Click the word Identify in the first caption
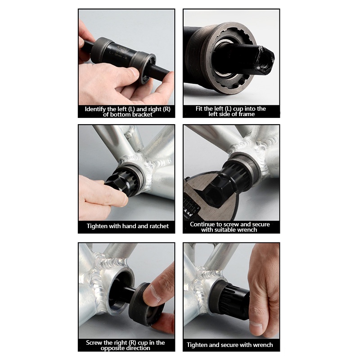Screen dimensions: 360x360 point(95,109)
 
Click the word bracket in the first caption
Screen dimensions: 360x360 point(142,115)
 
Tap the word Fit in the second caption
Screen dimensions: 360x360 point(199,108)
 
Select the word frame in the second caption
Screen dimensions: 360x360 point(247,114)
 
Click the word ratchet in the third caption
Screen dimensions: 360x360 point(159,226)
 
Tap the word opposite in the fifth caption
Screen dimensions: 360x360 point(114,348)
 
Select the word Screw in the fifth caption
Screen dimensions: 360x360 point(94,343)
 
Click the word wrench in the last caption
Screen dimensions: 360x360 point(263,345)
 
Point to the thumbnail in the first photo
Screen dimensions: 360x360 point(135,72)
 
